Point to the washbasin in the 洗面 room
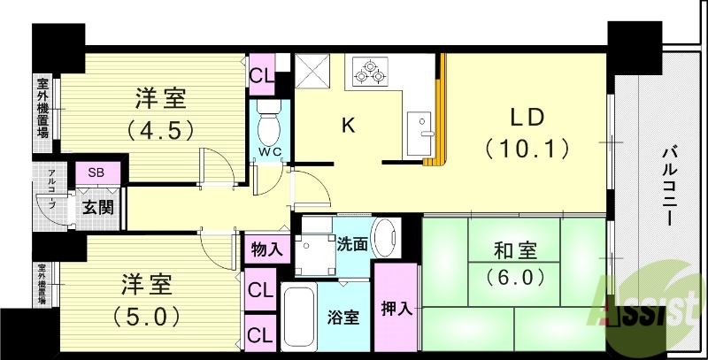(386, 237)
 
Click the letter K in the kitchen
(349, 126)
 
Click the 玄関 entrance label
(97, 208)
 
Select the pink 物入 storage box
(265, 248)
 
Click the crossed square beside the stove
(312, 70)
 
